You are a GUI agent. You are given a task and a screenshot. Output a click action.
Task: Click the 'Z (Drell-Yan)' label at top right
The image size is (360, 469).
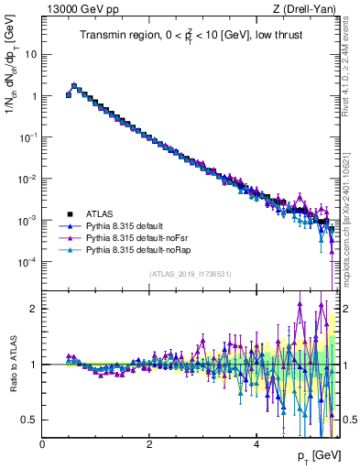point(303,9)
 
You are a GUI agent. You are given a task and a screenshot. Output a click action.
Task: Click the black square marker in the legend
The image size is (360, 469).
point(70,213)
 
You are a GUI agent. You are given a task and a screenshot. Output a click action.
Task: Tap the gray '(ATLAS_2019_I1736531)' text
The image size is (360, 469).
point(190,273)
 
